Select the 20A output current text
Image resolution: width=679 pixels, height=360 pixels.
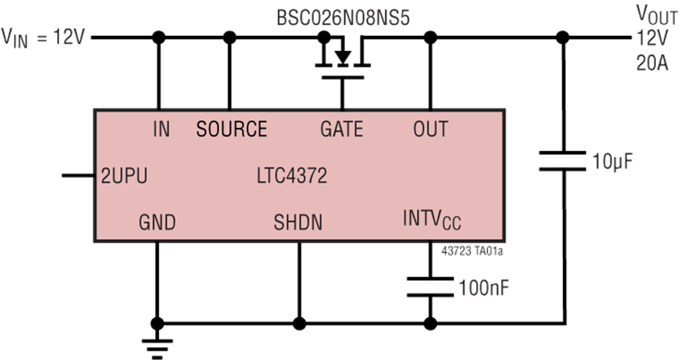pos(652,63)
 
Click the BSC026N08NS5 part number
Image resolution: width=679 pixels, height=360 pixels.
pos(343,17)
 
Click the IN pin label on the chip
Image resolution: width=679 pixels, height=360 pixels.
pos(161,130)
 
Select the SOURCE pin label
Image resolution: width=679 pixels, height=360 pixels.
pos(231,130)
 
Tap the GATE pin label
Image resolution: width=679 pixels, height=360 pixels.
pos(341,130)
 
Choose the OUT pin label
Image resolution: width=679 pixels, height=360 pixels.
pos(430,130)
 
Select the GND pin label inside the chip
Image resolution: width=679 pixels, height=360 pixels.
pos(157,222)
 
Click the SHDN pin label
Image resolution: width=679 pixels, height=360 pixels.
pos(297,222)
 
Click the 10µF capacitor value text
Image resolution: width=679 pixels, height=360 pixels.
pos(612,161)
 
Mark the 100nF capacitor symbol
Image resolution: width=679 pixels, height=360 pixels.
pos(430,288)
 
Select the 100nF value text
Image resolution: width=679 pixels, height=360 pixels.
pos(485,289)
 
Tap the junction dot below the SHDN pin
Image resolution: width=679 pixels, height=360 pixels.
pos(297,321)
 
